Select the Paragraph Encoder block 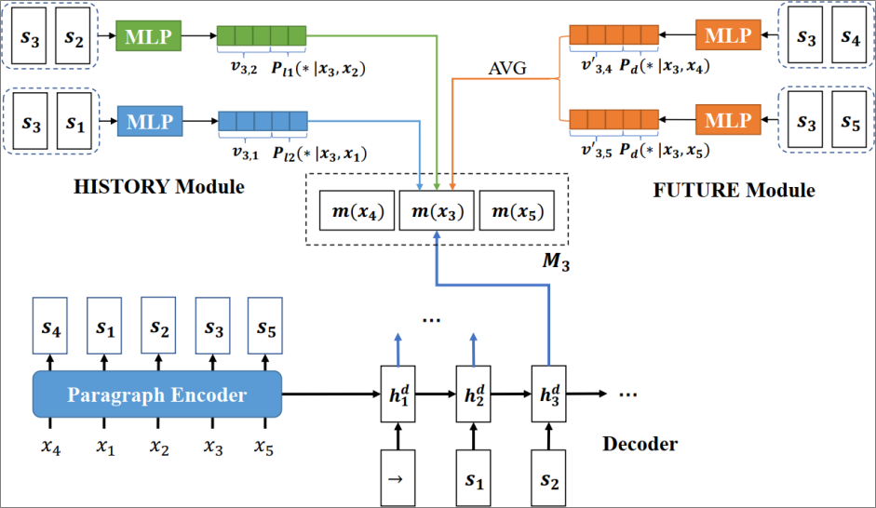[157, 394]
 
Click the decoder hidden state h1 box [398, 394]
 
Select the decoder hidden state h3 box [548, 394]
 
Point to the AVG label [507, 70]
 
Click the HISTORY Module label [158, 187]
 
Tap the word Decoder [640, 443]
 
